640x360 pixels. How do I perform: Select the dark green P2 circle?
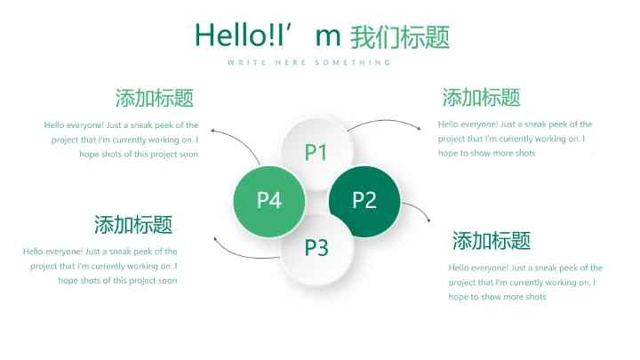(x=364, y=201)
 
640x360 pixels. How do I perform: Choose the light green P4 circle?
(x=269, y=201)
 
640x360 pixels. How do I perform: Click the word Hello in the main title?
(x=224, y=36)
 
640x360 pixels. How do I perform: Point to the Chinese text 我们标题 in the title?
(x=400, y=37)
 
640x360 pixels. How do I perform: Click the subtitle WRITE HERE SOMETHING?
(x=308, y=62)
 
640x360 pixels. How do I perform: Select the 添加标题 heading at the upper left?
(x=155, y=98)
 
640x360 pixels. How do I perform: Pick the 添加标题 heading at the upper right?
(x=481, y=98)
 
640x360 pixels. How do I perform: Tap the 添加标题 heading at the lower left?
(x=133, y=224)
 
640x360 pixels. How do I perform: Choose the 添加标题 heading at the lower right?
(x=492, y=240)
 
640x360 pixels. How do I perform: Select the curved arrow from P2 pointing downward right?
(x=419, y=211)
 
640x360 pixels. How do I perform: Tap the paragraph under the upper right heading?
(x=515, y=139)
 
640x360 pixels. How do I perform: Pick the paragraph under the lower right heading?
(x=525, y=282)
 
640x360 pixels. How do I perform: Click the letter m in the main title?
(x=329, y=37)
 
